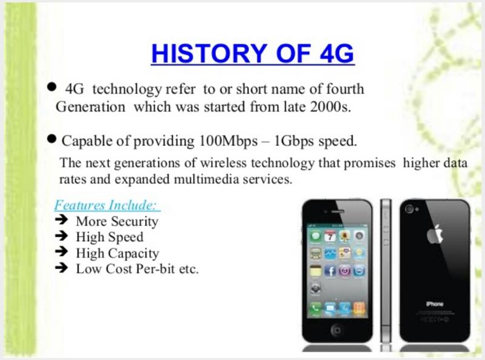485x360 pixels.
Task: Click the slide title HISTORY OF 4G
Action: [x=252, y=53]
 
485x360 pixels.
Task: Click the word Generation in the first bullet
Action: [x=90, y=107]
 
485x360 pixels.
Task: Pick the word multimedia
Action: [x=206, y=179]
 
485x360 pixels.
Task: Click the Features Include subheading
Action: [x=107, y=205]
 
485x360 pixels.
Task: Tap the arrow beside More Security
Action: [x=62, y=220]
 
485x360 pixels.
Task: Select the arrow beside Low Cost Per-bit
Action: [x=62, y=267]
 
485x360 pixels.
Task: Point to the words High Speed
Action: [x=110, y=237]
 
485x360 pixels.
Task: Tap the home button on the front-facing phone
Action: [x=337, y=330]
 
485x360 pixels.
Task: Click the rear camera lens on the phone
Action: [x=409, y=209]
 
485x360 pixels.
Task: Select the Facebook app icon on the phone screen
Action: [x=330, y=271]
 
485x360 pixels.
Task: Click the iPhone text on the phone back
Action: [x=435, y=304]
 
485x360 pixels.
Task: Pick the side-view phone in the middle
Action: [x=386, y=271]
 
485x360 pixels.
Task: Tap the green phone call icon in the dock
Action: [x=315, y=308]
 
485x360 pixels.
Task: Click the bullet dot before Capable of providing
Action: [x=52, y=139]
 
